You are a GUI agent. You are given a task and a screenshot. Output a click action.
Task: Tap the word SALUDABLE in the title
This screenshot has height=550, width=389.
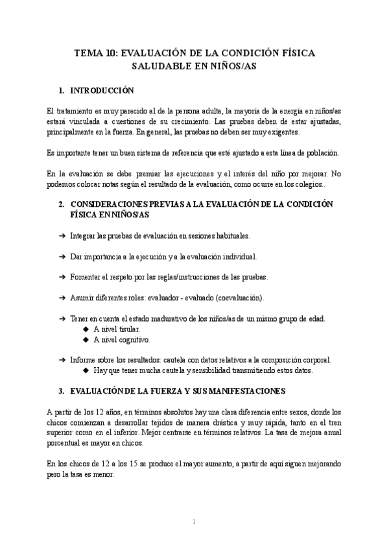(x=161, y=67)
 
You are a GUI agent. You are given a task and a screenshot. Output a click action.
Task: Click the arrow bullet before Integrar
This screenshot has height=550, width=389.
(x=62, y=235)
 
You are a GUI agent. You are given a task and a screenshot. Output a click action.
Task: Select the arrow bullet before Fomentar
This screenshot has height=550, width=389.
(x=62, y=277)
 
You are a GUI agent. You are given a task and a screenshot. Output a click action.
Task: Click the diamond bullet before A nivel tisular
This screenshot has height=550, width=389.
(x=86, y=329)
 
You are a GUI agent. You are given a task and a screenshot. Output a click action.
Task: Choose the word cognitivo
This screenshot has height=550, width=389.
(x=132, y=340)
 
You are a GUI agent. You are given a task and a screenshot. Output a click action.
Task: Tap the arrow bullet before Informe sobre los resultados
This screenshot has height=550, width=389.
(x=62, y=360)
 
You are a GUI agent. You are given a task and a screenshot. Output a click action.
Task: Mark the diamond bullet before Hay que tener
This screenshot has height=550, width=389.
(x=86, y=371)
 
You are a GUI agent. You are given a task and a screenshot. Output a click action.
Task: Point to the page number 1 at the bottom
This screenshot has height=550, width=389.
(x=194, y=522)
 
